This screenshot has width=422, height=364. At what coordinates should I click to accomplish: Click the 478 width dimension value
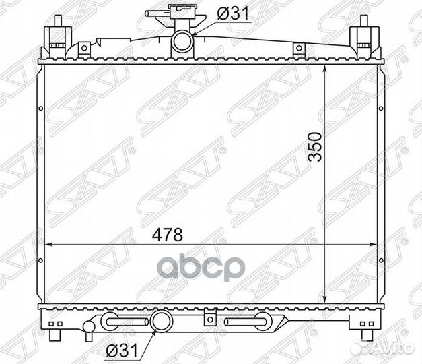pos(168,235)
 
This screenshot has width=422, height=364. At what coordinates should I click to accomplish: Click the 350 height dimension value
pos(316,147)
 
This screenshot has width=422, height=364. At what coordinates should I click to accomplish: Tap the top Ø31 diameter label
pos(233,13)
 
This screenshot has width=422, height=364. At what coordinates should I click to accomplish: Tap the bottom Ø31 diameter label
pos(122,351)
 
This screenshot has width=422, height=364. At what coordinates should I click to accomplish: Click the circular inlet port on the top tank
pos(182,42)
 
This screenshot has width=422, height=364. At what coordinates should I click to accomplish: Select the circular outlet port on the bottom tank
pos(162,320)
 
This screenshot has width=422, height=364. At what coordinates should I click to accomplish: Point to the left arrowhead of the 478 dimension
pos(48,245)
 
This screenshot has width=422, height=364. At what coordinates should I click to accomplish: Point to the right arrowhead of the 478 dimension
pos(374,245)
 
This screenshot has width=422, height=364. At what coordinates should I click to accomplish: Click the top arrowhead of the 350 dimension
pos(325,69)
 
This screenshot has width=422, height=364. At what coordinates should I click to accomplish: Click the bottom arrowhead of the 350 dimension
pos(325,299)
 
